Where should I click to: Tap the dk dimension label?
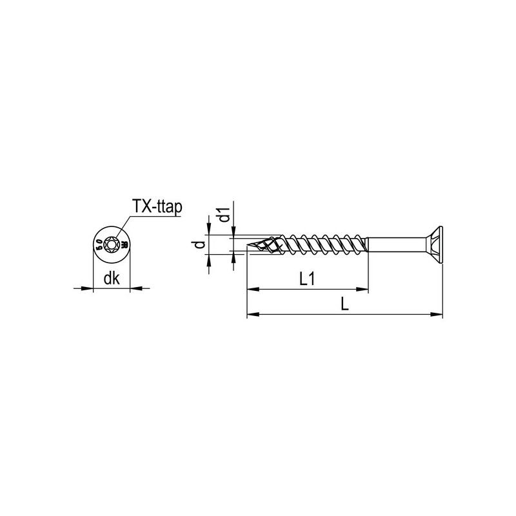click(112, 280)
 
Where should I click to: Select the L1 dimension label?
click(307, 280)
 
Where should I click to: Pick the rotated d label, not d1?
click(201, 244)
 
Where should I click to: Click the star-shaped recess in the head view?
click(112, 244)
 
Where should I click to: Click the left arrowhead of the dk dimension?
click(90, 288)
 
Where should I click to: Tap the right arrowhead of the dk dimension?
click(134, 288)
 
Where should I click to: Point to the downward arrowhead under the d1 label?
click(235, 232)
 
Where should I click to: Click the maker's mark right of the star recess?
click(124, 244)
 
